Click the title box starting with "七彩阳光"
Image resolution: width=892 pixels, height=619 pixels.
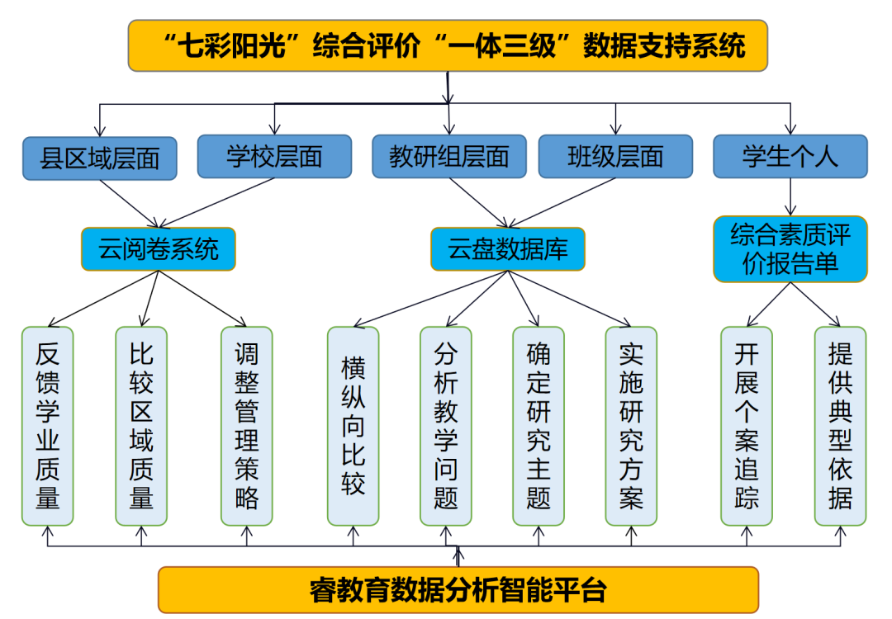pyautogui.click(x=448, y=45)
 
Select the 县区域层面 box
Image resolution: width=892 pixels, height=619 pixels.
pyautogui.click(x=100, y=158)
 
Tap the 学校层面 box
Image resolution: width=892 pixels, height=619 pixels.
pyautogui.click(x=274, y=156)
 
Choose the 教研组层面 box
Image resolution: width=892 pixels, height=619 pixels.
pyautogui.click(x=448, y=156)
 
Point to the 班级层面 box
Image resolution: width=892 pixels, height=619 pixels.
pyautogui.click(x=615, y=156)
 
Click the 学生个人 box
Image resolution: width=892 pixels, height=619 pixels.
pyautogui.click(x=790, y=156)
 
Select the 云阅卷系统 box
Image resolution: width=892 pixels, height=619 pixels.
pyautogui.click(x=158, y=248)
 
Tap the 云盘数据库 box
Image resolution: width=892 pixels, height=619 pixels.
pyautogui.click(x=507, y=248)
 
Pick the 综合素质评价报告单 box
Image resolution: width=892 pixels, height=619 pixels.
pyautogui.click(x=790, y=249)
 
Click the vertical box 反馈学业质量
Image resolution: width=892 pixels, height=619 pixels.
pyautogui.click(x=47, y=426)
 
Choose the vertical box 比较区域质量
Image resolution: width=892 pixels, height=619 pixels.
pyautogui.click(x=141, y=426)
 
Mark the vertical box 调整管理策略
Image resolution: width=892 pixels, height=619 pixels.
pyautogui.click(x=246, y=426)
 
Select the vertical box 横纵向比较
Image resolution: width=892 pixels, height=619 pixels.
pyautogui.click(x=353, y=426)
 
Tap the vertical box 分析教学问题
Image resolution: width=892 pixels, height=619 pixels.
pyautogui.click(x=446, y=426)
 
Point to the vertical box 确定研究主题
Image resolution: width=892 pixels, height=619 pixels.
pyautogui.click(x=539, y=426)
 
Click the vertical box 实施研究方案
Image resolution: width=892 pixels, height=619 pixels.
pyautogui.click(x=631, y=426)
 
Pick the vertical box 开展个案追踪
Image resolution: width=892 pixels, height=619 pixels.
pyautogui.click(x=747, y=426)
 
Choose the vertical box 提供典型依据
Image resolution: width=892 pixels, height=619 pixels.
pyautogui.click(x=840, y=426)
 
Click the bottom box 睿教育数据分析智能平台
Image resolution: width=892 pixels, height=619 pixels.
pyautogui.click(x=458, y=590)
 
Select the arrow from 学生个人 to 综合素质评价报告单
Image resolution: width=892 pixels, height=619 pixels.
pyautogui.click(x=791, y=197)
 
